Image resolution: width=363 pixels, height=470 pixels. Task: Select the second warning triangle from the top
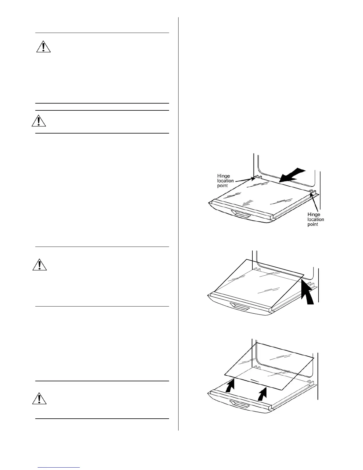click(x=39, y=121)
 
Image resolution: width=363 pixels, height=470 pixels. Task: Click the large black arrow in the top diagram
click(x=292, y=175)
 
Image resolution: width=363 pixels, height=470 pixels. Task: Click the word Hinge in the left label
click(x=223, y=176)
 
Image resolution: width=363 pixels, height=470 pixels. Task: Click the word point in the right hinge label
click(x=313, y=224)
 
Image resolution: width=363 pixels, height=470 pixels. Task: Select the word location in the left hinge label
click(x=225, y=181)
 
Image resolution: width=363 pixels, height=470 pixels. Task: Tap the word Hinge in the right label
click(x=314, y=214)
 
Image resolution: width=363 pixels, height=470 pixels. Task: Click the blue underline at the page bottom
click(x=59, y=467)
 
